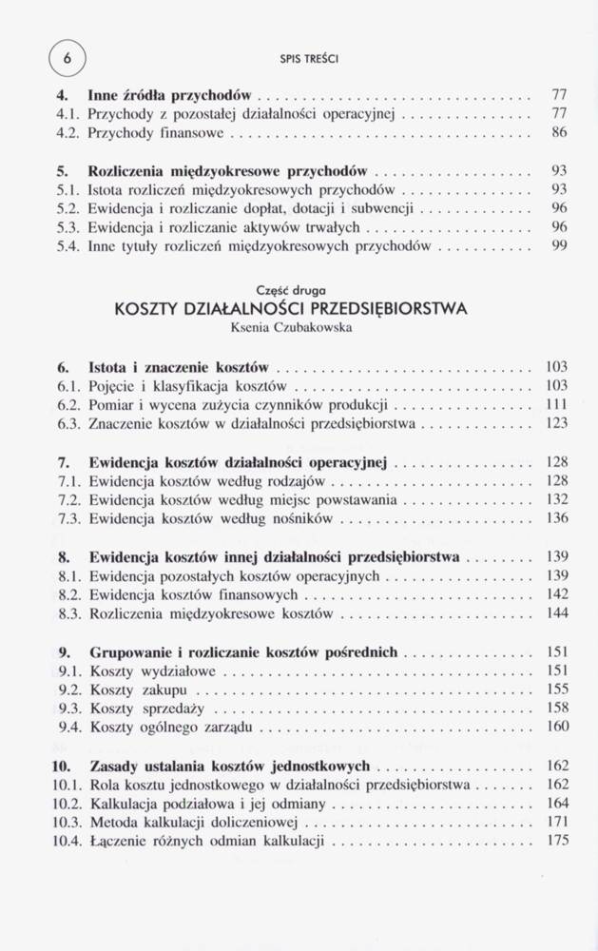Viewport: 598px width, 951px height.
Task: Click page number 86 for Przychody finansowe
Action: [559, 133]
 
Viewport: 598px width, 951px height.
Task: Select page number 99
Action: [559, 246]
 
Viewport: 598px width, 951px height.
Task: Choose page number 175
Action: [557, 842]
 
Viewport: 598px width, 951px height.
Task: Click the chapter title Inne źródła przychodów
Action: [169, 95]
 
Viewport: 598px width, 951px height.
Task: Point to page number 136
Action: [557, 518]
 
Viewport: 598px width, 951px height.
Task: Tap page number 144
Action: [557, 613]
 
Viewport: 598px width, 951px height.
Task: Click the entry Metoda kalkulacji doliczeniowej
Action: [195, 823]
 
